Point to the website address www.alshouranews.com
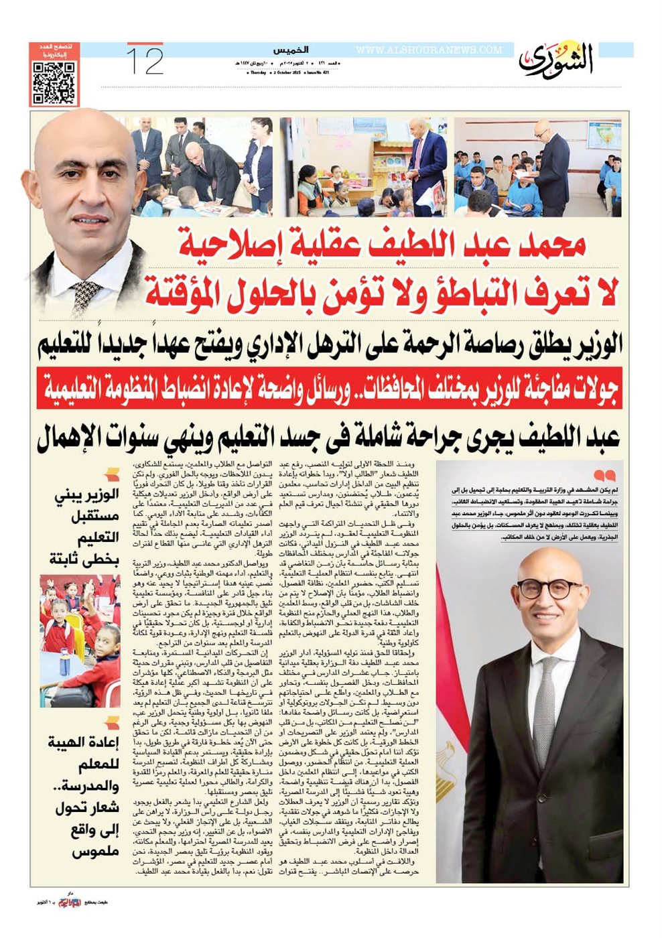point(429,50)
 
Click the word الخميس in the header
point(290,50)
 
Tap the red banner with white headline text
point(330,388)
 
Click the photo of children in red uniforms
point(80,641)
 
